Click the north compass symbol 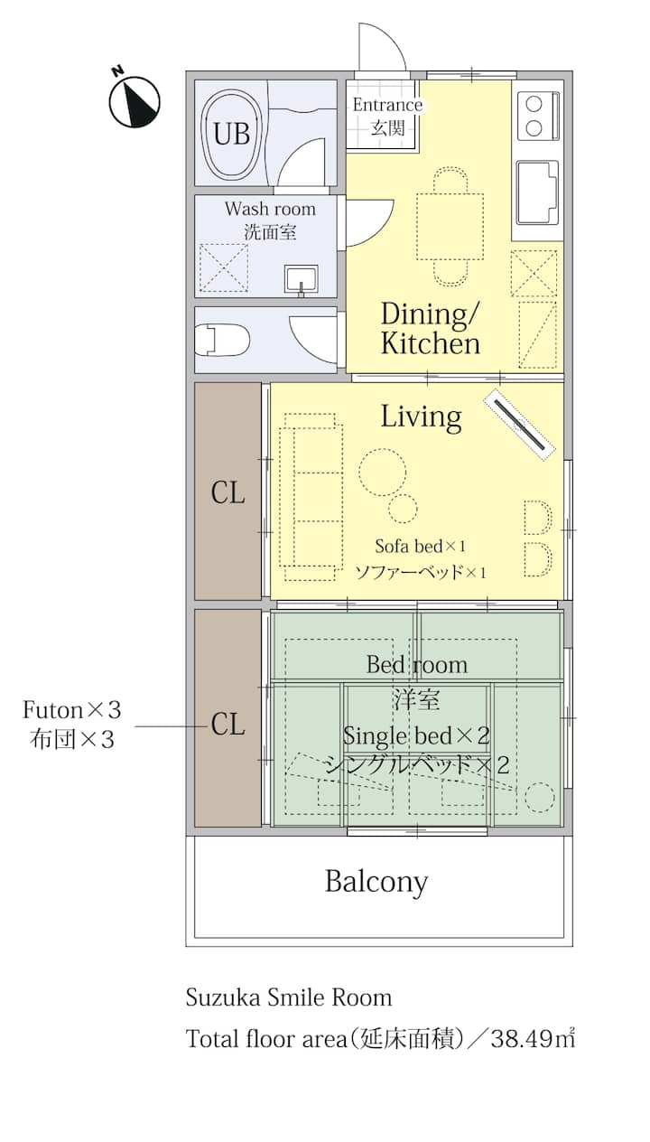coord(134,100)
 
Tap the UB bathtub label coord(232,134)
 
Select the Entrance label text coord(387,105)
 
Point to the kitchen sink coord(537,192)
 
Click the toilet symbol coord(223,340)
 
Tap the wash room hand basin coord(302,280)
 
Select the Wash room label coord(270,209)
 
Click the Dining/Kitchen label coord(431,328)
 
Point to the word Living coord(422,417)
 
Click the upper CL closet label coord(227,493)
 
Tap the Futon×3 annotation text coord(72,709)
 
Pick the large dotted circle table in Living coord(383,473)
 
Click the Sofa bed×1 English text coord(421,547)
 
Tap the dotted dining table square coord(450,227)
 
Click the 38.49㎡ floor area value coord(534,1038)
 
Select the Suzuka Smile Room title coord(289,997)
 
